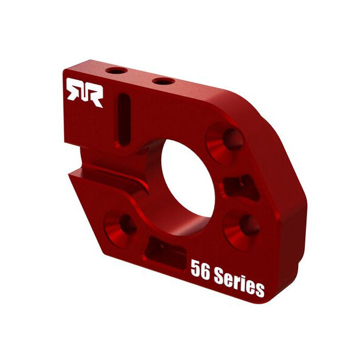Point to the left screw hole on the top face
tap(116, 71)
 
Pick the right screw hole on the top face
tap(163, 81)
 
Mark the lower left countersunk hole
tap(122, 224)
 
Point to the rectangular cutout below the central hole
tap(164, 253)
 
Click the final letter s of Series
tap(259, 289)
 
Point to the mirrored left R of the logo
tap(74, 92)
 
